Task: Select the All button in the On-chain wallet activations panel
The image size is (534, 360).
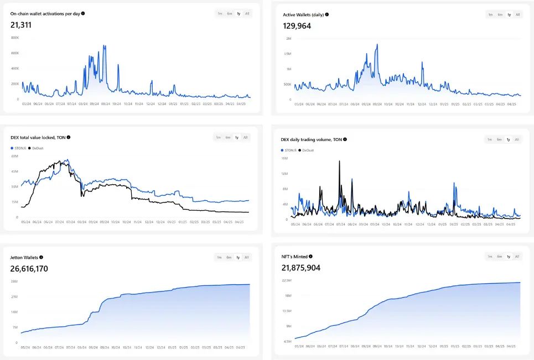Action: pyautogui.click(x=247, y=13)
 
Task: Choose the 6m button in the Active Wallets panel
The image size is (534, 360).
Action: pyautogui.click(x=500, y=14)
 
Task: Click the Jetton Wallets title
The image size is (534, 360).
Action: pyautogui.click(x=24, y=257)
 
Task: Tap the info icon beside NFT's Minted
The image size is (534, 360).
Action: pyautogui.click(x=310, y=257)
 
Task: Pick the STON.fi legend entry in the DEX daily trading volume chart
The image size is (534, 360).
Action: pyautogui.click(x=287, y=150)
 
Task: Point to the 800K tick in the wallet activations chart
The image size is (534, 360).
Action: pyautogui.click(x=15, y=38)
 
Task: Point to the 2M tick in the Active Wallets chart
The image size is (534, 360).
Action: pyautogui.click(x=288, y=39)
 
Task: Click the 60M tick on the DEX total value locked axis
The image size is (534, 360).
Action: pyautogui.click(x=15, y=156)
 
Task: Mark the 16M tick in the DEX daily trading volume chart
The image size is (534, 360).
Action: pyautogui.click(x=284, y=158)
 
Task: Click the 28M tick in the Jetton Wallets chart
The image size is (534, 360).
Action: pyautogui.click(x=15, y=281)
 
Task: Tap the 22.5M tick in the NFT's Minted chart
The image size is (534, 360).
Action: pyautogui.click(x=287, y=280)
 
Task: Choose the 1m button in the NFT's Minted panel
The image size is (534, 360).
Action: pyautogui.click(x=490, y=257)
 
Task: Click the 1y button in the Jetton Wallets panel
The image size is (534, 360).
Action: pyautogui.click(x=237, y=257)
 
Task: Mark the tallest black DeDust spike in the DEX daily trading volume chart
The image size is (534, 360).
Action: pyautogui.click(x=339, y=161)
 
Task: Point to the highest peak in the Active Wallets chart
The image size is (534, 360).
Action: pyautogui.click(x=377, y=44)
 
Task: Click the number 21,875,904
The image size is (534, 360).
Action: pyautogui.click(x=301, y=268)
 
